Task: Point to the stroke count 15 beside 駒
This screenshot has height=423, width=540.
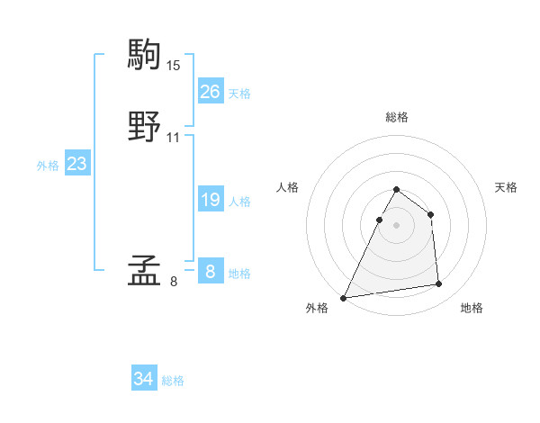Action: click(x=174, y=66)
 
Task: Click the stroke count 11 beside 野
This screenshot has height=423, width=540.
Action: click(x=174, y=138)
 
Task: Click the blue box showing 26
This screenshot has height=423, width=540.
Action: click(x=210, y=92)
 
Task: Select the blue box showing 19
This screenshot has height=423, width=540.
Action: click(x=210, y=200)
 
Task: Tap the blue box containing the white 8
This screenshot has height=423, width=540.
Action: click(x=210, y=271)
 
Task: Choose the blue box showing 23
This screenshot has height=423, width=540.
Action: click(x=76, y=164)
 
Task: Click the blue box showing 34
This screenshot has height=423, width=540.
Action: click(x=143, y=379)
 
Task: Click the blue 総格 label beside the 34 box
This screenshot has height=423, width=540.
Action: click(x=173, y=381)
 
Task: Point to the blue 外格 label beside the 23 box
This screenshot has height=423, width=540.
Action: click(x=48, y=166)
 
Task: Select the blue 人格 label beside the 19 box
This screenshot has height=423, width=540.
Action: click(x=239, y=202)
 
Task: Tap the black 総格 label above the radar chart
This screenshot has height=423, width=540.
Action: click(x=396, y=117)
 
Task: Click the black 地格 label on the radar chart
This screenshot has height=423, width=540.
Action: click(x=472, y=308)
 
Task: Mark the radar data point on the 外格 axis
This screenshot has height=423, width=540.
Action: click(x=343, y=298)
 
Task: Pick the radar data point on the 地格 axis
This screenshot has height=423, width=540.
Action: click(x=439, y=284)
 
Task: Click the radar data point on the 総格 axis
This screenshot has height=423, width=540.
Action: click(x=396, y=190)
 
